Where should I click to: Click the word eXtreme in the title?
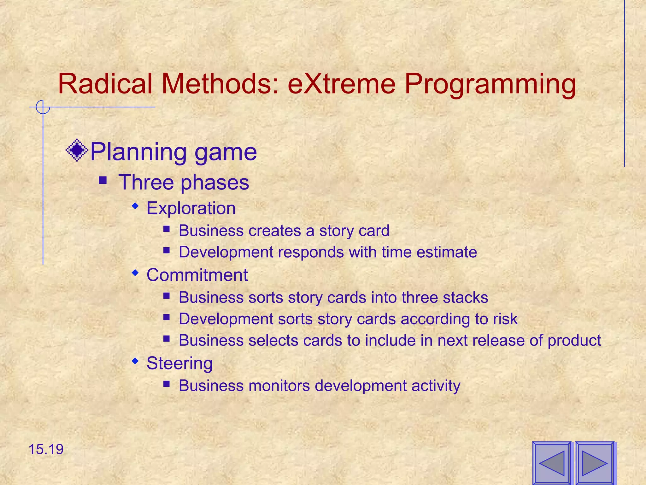[x=342, y=84]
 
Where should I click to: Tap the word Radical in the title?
[x=105, y=84]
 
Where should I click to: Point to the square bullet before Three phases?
[x=103, y=181]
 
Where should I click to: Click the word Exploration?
[x=191, y=208]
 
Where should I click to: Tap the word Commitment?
[x=197, y=275]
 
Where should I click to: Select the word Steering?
[x=179, y=363]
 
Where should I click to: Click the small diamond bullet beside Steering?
[x=135, y=360]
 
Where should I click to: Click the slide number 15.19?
[x=46, y=449]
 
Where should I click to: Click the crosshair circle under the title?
[x=43, y=107]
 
